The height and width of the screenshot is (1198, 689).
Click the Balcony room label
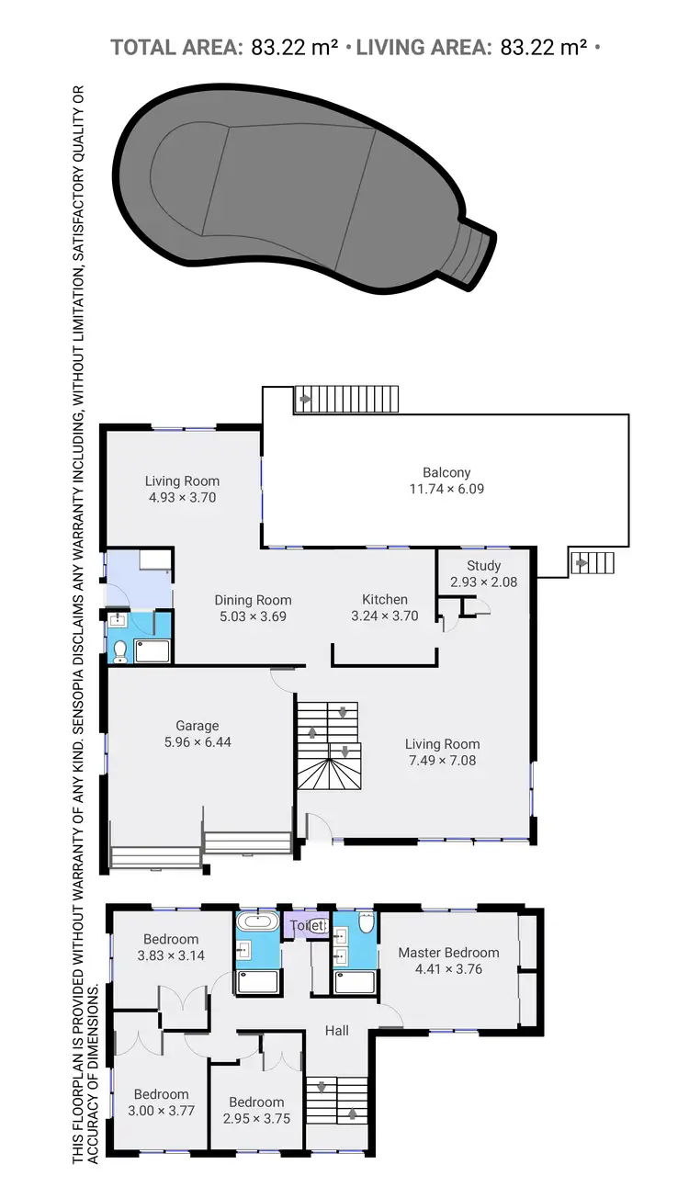tap(446, 473)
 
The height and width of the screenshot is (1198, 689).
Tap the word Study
tap(483, 566)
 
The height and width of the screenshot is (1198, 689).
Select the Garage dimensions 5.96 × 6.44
tap(198, 741)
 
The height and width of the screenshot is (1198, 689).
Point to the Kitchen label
tap(385, 599)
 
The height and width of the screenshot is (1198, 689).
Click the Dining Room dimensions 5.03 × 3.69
tap(253, 616)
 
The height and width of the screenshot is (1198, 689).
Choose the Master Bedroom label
tap(448, 953)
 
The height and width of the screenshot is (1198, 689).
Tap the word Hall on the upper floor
tap(337, 1031)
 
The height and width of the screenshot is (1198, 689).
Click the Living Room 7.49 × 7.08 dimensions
tap(442, 760)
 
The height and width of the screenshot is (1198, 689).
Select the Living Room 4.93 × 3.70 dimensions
tap(182, 497)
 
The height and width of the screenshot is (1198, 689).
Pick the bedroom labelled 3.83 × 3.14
tap(171, 955)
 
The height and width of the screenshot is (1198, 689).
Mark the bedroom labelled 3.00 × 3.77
tap(162, 1110)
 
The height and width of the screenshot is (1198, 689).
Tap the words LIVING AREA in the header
tap(423, 47)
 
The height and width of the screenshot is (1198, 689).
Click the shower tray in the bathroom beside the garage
tap(152, 651)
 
